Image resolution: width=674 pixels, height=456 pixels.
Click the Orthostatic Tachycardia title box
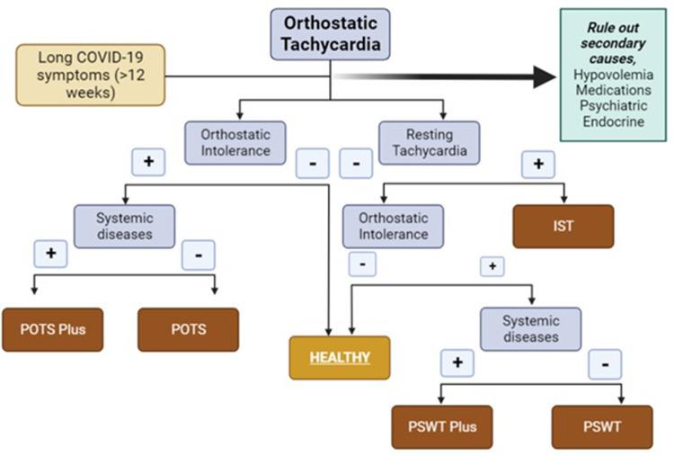coord(331,34)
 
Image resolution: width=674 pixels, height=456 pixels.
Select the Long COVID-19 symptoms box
coord(91,75)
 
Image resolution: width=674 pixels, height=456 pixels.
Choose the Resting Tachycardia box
coord(430,142)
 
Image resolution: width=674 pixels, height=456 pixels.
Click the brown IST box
coord(563,227)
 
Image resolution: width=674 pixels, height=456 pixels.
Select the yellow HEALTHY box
coord(340,357)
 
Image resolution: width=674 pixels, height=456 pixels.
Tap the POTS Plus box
coord(52,329)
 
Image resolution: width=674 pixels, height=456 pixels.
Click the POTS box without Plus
coord(188,329)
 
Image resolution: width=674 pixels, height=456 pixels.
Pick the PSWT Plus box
coord(441,426)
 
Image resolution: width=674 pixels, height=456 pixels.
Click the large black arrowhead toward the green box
coord(544,77)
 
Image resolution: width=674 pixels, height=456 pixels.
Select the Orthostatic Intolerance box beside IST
coord(393,227)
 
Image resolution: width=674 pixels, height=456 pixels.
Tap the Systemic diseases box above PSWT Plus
coord(530,329)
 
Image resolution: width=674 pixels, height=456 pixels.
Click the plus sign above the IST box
coord(538,165)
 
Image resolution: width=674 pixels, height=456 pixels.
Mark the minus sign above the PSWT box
coord(605,364)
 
